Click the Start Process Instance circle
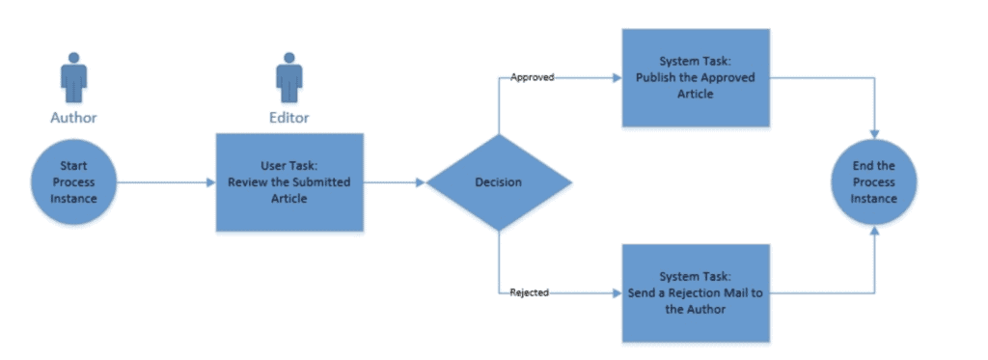[x=73, y=182]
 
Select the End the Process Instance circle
[x=874, y=182]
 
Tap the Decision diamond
[x=498, y=182]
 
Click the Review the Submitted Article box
[x=289, y=182]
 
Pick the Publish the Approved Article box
[x=696, y=77]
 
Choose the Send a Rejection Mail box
[x=696, y=292]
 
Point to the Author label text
[x=73, y=119]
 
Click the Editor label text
[x=288, y=119]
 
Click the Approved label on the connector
[x=532, y=77]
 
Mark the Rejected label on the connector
[x=530, y=292]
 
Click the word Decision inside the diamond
[x=498, y=182]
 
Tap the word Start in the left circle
[x=73, y=166]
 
